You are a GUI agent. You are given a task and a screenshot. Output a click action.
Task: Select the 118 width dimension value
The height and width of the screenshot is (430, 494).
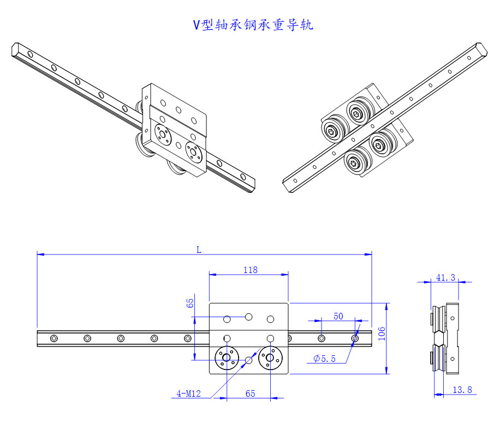[x=251, y=269]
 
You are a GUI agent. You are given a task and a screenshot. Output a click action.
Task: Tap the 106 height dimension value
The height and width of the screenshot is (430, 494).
[x=382, y=334]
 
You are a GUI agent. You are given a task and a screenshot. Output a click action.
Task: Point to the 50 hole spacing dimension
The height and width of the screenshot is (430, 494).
[x=338, y=316]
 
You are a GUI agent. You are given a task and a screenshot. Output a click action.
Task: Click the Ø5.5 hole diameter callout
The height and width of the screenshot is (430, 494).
[x=325, y=359]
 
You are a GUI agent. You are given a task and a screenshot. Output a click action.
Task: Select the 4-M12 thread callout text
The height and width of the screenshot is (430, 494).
[x=188, y=393]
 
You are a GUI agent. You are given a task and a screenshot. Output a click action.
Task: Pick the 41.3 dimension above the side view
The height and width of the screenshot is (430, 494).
[x=445, y=277]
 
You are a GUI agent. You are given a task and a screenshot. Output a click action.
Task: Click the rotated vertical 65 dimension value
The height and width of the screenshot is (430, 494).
[x=190, y=303]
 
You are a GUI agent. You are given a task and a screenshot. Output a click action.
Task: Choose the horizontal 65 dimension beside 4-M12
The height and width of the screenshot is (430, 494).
[x=250, y=393]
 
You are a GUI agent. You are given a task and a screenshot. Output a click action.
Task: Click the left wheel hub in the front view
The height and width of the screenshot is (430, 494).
[x=227, y=358]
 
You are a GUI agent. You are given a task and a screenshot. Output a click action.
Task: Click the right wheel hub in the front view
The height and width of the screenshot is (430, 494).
[x=269, y=358]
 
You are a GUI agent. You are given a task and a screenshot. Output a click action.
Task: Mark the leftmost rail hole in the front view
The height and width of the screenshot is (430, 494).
[x=53, y=338]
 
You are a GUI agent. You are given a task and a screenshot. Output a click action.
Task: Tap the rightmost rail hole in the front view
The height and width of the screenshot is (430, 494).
[x=355, y=338]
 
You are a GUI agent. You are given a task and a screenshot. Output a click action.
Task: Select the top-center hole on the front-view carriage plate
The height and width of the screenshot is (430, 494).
[x=248, y=316]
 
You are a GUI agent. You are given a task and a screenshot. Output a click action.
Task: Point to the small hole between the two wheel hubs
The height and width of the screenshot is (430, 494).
[x=249, y=360]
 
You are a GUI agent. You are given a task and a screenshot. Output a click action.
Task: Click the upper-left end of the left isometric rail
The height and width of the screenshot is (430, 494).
[x=16, y=49]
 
